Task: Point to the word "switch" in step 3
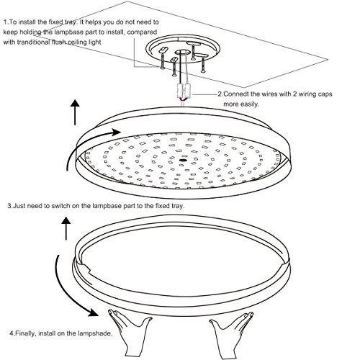point(60,206)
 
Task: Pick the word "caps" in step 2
point(325,94)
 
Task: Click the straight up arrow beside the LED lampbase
point(76,112)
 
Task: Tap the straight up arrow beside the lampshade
point(66,228)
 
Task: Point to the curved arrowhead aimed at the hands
point(93,312)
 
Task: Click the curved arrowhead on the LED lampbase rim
point(115,132)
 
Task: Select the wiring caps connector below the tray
point(184,92)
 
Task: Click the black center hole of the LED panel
point(183,160)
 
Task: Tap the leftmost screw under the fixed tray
point(163,61)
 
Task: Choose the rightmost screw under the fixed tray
point(203,65)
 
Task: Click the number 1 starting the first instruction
point(5,22)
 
